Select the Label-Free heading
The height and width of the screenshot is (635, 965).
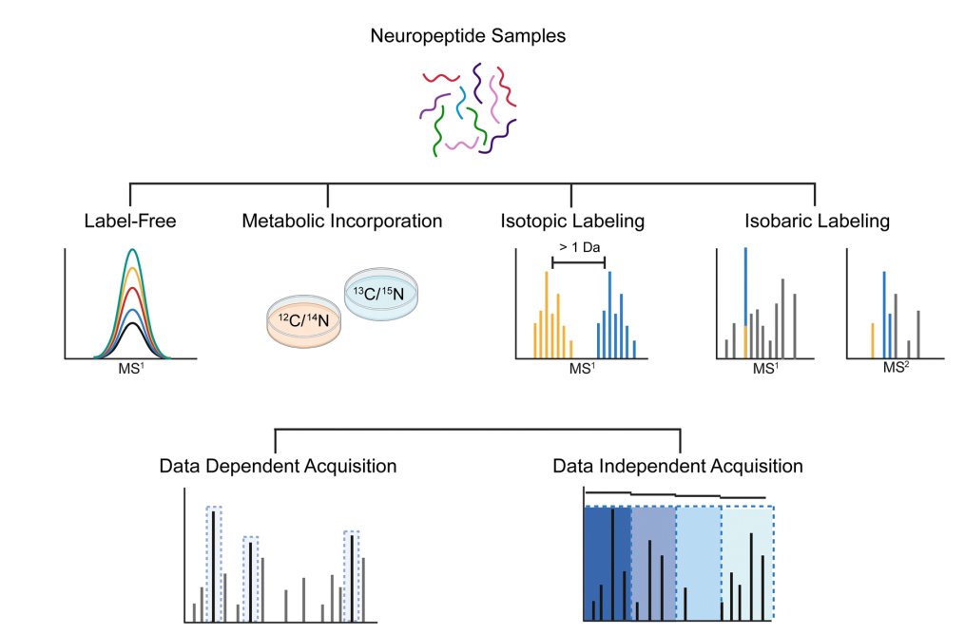point(129,221)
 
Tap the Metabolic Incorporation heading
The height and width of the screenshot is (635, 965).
point(341,221)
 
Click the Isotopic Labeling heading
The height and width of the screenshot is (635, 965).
point(572,221)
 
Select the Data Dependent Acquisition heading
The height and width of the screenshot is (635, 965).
point(278,467)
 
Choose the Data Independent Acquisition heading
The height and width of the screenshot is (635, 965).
point(679,467)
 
